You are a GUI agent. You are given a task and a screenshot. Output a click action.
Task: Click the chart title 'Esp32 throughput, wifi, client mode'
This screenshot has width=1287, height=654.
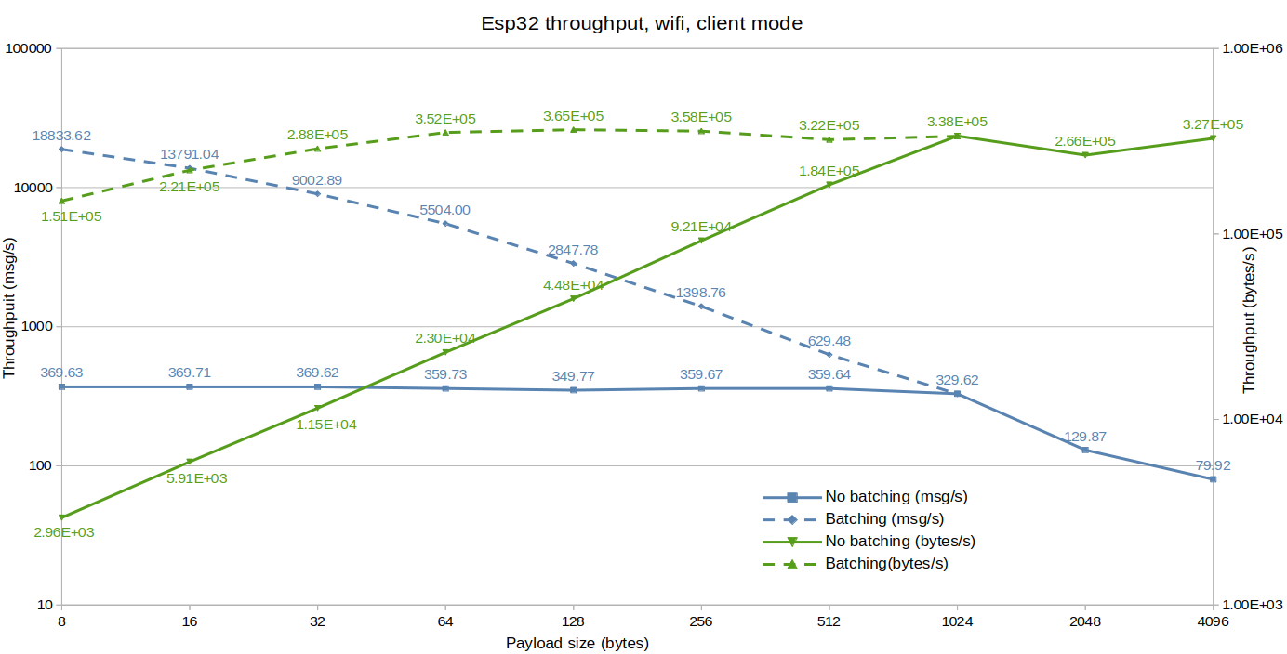pyautogui.click(x=642, y=23)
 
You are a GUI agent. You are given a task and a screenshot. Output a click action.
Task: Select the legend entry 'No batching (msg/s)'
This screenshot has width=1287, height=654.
pyautogui.click(x=896, y=497)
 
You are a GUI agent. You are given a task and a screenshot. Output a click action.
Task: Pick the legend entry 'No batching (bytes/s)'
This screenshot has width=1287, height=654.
pyautogui.click(x=900, y=542)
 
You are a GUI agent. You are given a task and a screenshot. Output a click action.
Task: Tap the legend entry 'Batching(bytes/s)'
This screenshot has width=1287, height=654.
pyautogui.click(x=886, y=564)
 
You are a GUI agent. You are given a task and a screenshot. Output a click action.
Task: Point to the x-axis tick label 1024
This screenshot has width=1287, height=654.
pyautogui.click(x=957, y=622)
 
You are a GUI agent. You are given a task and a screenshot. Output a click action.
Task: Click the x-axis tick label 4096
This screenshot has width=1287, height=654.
pyautogui.click(x=1213, y=622)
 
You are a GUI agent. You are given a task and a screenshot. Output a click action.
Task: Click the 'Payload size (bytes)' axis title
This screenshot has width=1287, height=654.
pyautogui.click(x=577, y=643)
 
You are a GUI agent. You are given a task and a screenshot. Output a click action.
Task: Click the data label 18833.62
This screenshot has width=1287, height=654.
pyautogui.click(x=61, y=136)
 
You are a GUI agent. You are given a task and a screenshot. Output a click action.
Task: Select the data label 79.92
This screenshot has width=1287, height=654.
pyautogui.click(x=1212, y=465)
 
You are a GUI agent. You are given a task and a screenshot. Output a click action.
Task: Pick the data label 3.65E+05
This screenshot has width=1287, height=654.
pyautogui.click(x=573, y=116)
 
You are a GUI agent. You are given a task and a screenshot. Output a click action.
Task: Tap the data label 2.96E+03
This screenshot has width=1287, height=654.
pyautogui.click(x=63, y=532)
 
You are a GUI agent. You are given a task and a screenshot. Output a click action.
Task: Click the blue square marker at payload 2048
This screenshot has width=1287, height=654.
pyautogui.click(x=1085, y=450)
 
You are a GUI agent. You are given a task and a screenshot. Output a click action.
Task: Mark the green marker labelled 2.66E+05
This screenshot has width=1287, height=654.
pyautogui.click(x=1085, y=154)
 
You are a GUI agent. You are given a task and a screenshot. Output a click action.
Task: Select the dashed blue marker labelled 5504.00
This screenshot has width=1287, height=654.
pyautogui.click(x=445, y=224)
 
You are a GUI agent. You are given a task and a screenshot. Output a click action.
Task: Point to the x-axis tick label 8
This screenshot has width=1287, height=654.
pyautogui.click(x=61, y=622)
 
